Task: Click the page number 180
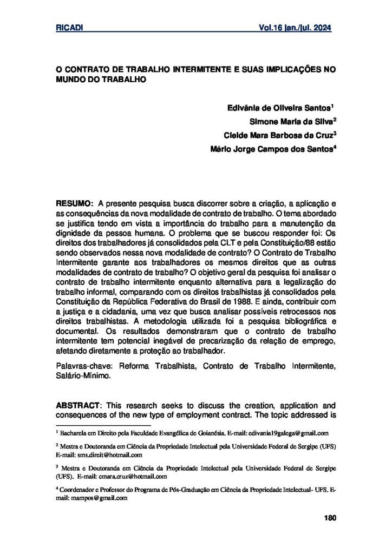(x=329, y=518)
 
